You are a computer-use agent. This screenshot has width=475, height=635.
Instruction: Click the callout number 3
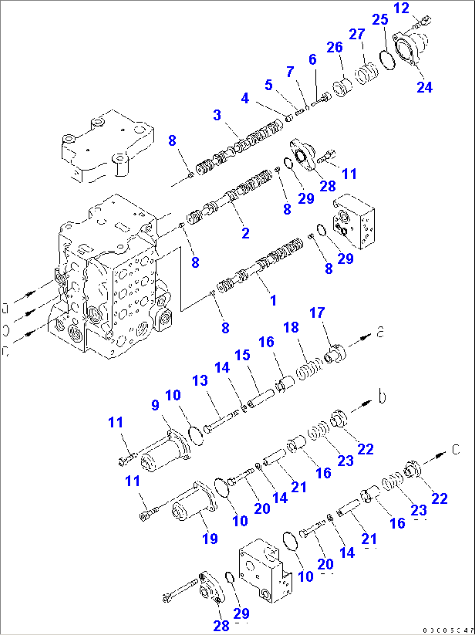[x=217, y=116]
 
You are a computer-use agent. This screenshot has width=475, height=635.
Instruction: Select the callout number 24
[x=424, y=87]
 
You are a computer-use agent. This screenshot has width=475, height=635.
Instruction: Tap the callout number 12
[x=401, y=8]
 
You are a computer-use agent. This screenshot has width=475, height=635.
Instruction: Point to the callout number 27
[x=357, y=34]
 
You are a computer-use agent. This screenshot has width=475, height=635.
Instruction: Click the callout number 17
[x=317, y=313]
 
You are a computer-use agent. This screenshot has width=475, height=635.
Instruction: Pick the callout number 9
[x=155, y=405]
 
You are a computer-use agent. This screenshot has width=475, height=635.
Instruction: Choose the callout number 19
[x=210, y=539]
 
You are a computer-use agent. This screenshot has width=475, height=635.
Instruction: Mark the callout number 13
[x=200, y=381]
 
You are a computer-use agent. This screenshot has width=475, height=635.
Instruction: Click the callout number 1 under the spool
[x=273, y=300]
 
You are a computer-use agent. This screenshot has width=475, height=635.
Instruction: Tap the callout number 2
[x=246, y=233]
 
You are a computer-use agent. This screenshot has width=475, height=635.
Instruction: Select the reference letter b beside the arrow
[x=382, y=397]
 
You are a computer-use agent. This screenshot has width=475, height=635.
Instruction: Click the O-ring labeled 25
[x=387, y=60]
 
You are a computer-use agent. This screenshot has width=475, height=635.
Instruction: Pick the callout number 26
[x=335, y=47]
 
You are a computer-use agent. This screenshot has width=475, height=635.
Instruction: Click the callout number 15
[x=243, y=355]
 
